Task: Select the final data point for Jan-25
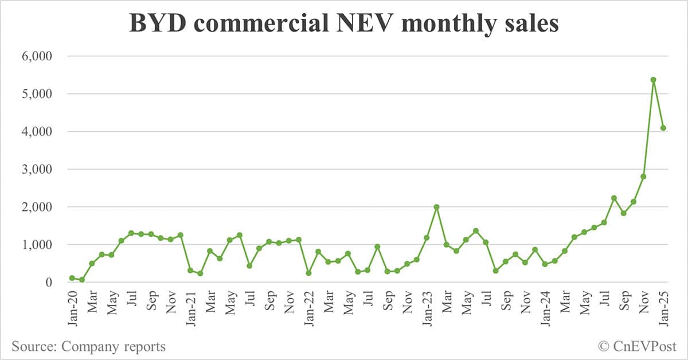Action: click(x=663, y=128)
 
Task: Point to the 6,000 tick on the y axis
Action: click(x=36, y=56)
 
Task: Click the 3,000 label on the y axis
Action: click(x=36, y=169)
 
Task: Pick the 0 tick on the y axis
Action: click(x=49, y=282)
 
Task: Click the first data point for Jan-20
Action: click(x=72, y=278)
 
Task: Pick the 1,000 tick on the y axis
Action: click(x=36, y=245)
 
